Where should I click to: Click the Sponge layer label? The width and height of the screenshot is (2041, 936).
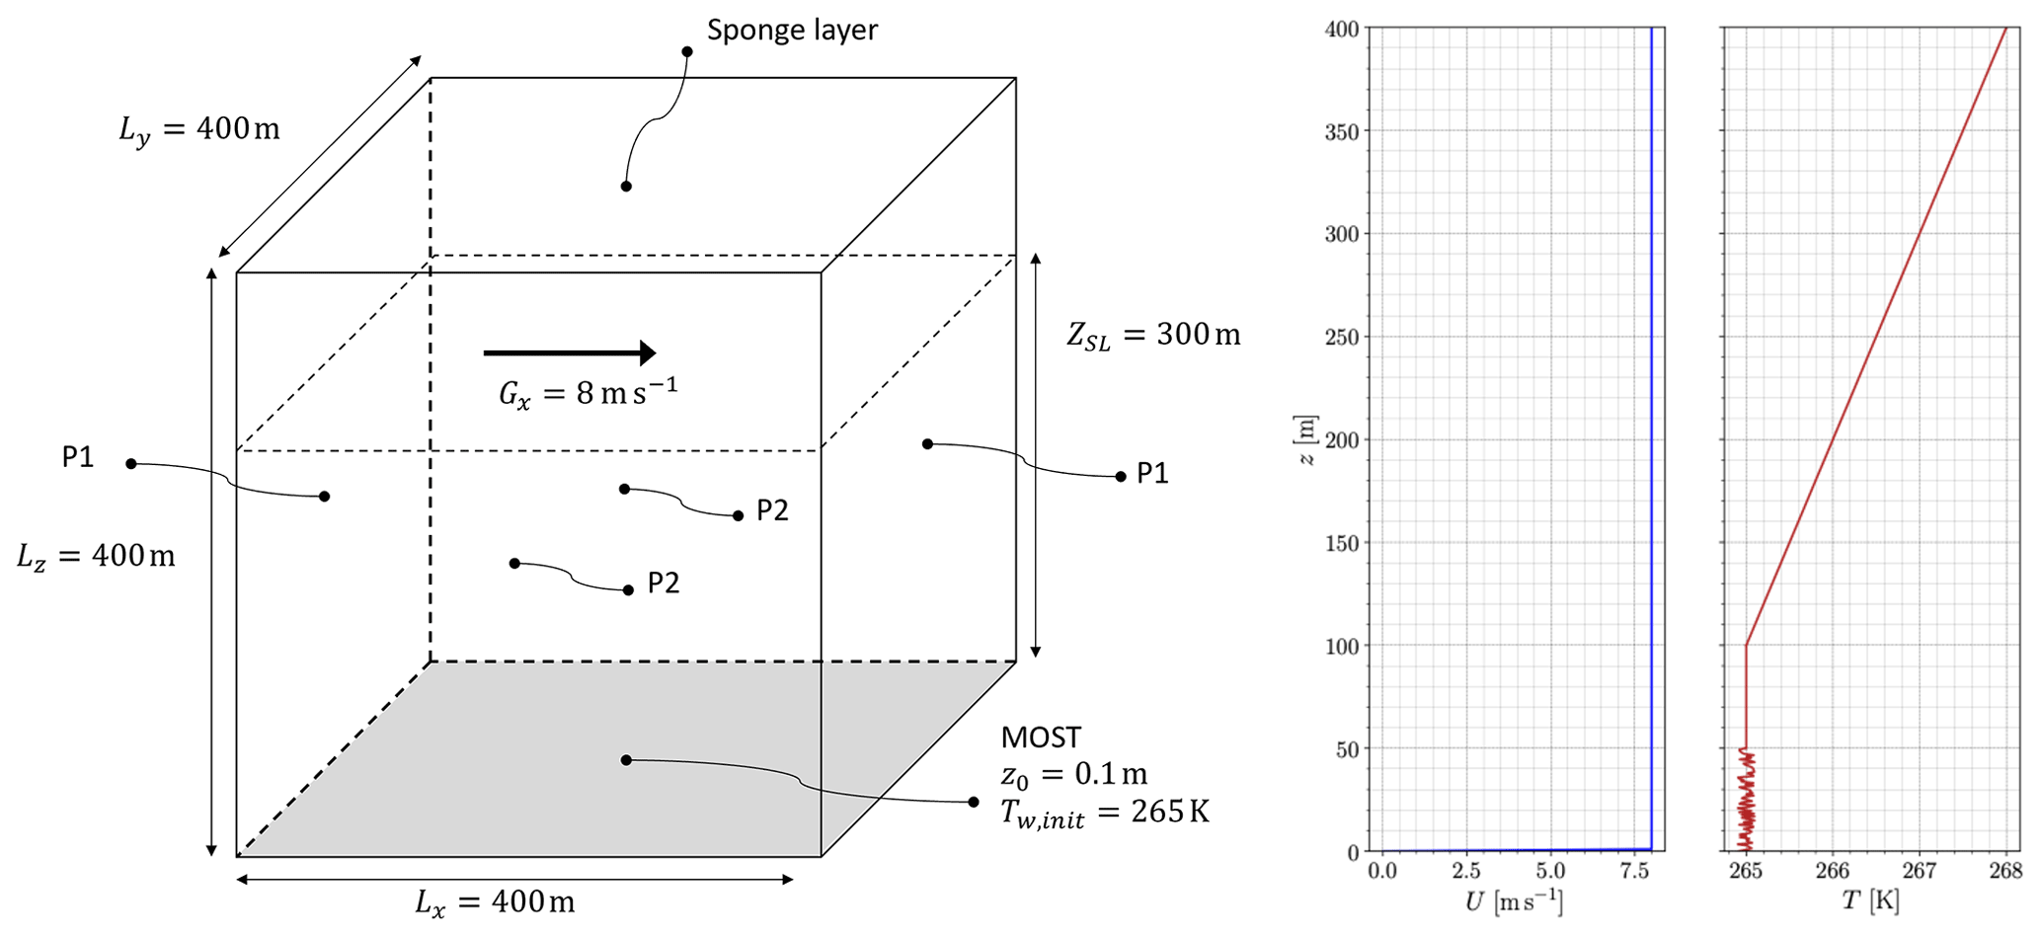click(792, 31)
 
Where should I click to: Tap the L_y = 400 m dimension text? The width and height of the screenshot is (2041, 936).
click(199, 129)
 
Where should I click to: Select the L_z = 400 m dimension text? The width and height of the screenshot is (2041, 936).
click(96, 557)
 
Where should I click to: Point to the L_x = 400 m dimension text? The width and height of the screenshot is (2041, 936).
click(495, 902)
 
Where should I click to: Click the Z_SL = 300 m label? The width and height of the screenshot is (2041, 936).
click(1153, 336)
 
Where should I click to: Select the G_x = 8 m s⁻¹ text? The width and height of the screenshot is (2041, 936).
click(588, 393)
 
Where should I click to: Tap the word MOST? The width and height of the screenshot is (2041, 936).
click(1041, 738)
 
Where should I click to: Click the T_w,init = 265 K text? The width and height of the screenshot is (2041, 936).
click(1105, 813)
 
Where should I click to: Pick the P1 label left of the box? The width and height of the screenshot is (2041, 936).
click(78, 457)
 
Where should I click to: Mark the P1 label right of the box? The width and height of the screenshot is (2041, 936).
click(1152, 474)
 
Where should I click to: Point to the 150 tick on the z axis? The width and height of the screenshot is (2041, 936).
click(1342, 543)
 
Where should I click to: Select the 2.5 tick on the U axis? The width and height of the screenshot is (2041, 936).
click(1466, 871)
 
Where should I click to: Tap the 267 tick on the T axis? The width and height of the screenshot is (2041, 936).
click(1920, 871)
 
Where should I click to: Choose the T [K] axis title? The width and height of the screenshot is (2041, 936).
click(1870, 901)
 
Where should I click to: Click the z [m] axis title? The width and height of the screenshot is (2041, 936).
click(1306, 439)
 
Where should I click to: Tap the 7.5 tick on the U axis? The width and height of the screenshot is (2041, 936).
click(1635, 871)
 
